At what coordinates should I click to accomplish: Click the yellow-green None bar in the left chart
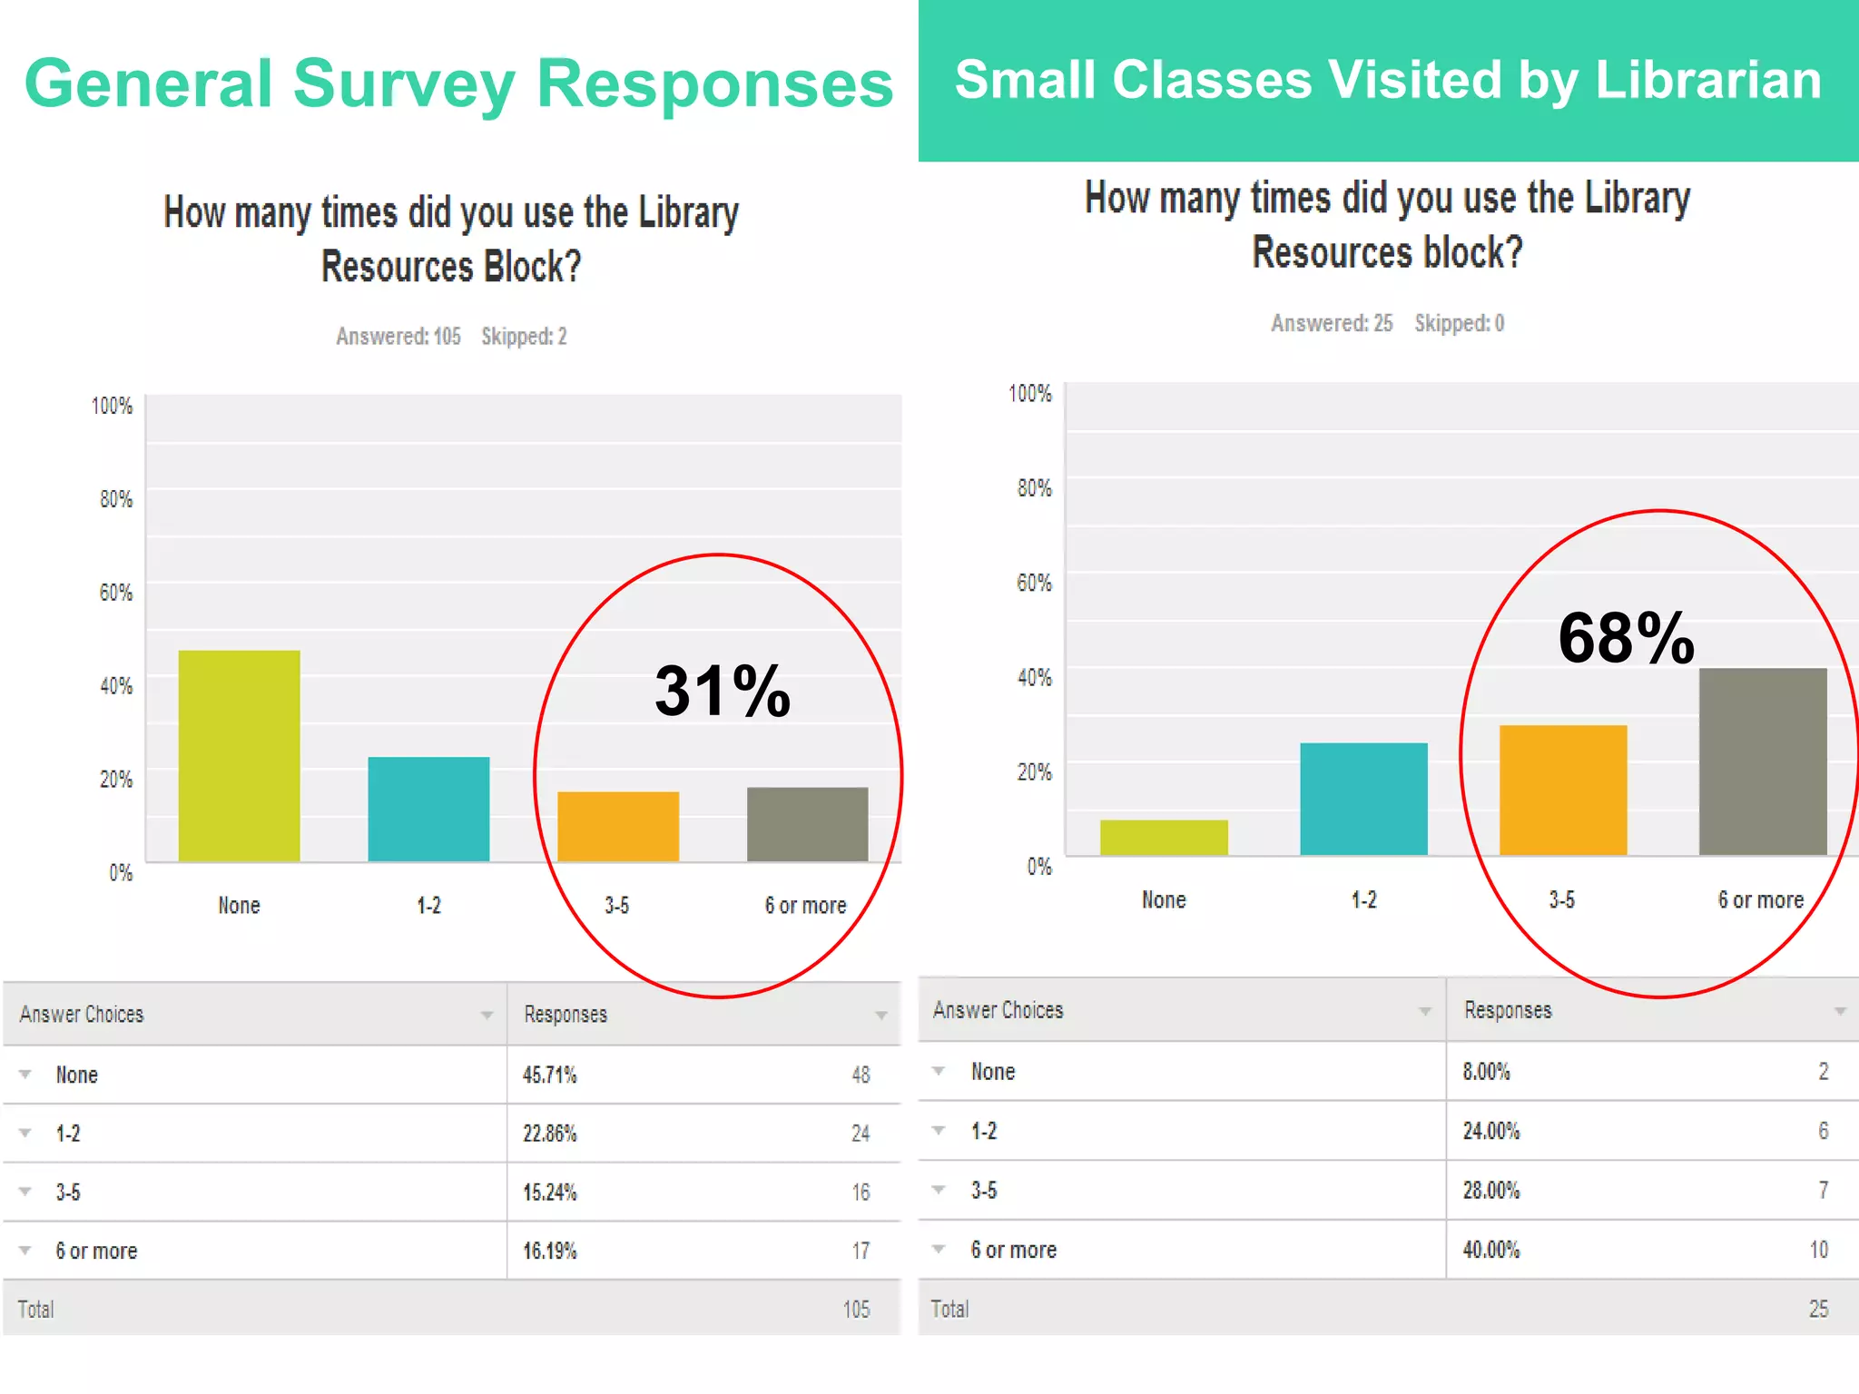click(239, 755)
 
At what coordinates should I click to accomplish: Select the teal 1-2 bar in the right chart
click(1363, 799)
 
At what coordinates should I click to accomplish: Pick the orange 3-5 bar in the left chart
click(617, 826)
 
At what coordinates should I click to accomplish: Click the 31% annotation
click(723, 692)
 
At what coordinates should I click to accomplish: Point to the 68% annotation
click(1626, 638)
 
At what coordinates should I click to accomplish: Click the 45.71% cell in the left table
click(549, 1075)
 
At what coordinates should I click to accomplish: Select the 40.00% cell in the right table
click(1490, 1250)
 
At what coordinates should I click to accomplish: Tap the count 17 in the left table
click(861, 1252)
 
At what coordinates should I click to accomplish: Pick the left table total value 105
click(855, 1310)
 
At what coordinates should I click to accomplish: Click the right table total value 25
click(1818, 1309)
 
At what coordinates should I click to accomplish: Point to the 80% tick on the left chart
click(115, 499)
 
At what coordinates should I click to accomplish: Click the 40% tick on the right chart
click(1034, 677)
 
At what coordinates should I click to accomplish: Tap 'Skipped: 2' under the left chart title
click(524, 337)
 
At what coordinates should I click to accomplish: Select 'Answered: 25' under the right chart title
click(1331, 323)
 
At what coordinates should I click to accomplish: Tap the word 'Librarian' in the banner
click(1708, 80)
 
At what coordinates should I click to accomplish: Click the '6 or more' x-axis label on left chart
click(805, 906)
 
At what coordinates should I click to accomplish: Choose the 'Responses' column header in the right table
click(1508, 1010)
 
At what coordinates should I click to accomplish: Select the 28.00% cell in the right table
click(1490, 1191)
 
